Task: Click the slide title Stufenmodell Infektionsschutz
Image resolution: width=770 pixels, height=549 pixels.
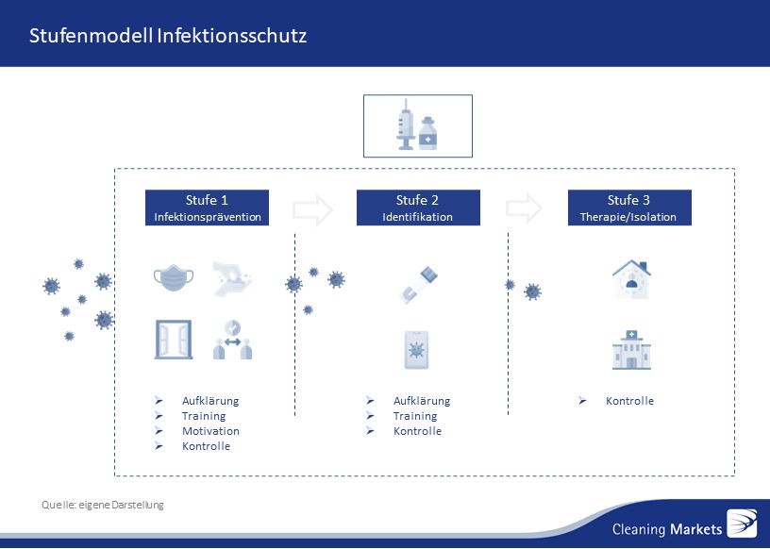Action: (168, 36)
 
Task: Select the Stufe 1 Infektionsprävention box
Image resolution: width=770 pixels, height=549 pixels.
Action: (207, 208)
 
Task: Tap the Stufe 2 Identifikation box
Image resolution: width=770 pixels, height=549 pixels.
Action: (418, 208)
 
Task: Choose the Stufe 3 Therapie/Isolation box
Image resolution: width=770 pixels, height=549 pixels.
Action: (629, 208)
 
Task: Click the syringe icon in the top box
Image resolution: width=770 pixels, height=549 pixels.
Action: (406, 125)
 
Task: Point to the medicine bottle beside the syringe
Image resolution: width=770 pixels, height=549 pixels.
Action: (427, 133)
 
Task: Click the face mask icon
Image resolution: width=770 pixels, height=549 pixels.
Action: (174, 278)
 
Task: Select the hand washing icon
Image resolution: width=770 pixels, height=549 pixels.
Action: (232, 279)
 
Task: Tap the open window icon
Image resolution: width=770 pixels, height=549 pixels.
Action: (174, 340)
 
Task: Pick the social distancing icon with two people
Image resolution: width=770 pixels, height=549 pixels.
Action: (232, 340)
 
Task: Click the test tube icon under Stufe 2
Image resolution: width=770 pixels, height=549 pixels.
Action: (418, 285)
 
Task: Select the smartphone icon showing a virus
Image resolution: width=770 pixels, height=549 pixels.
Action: (416, 350)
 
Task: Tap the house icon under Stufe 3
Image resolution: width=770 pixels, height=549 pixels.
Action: (631, 279)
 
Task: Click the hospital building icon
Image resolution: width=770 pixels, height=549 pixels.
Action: (631, 350)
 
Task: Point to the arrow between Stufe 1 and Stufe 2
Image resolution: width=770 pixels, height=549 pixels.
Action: (313, 209)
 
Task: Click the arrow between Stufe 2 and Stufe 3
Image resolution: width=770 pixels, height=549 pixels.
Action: (524, 208)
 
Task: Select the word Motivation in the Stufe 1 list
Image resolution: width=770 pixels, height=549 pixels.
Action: (210, 431)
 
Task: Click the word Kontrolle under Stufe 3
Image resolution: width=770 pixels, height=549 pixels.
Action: (629, 401)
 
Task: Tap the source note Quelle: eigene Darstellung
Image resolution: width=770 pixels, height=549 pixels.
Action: (103, 505)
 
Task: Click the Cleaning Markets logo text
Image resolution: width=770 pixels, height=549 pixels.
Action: (667, 529)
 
